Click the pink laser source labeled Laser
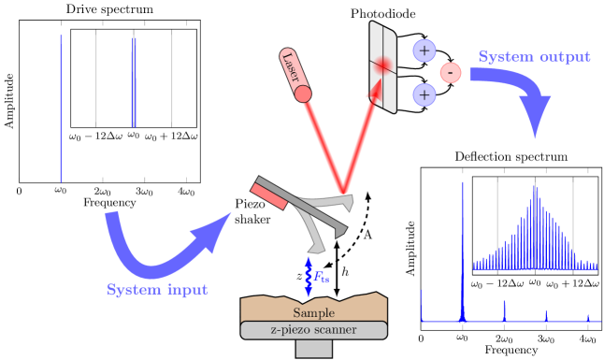pos(295,74)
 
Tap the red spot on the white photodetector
pos(382,65)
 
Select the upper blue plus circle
pos(424,50)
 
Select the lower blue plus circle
pos(424,94)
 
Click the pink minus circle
pos(450,72)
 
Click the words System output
pos(534,57)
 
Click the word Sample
pos(313,312)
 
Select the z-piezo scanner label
pos(313,330)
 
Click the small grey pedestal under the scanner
pos(313,349)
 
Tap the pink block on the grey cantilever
pos(272,194)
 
